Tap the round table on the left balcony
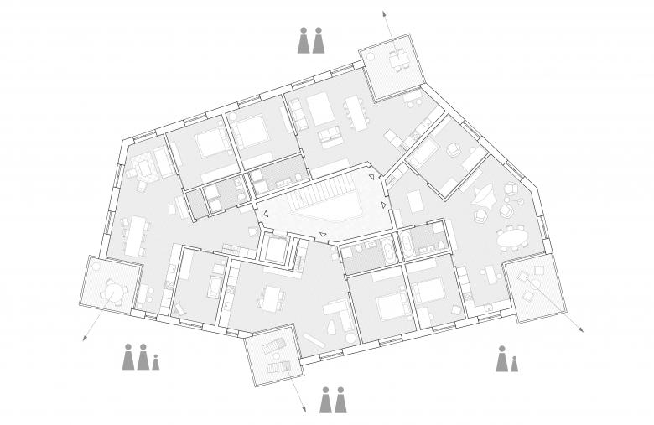[x=111, y=291]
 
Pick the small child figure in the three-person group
[x=156, y=363]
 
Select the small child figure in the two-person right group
[x=515, y=365]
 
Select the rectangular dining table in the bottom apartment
[x=272, y=298]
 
